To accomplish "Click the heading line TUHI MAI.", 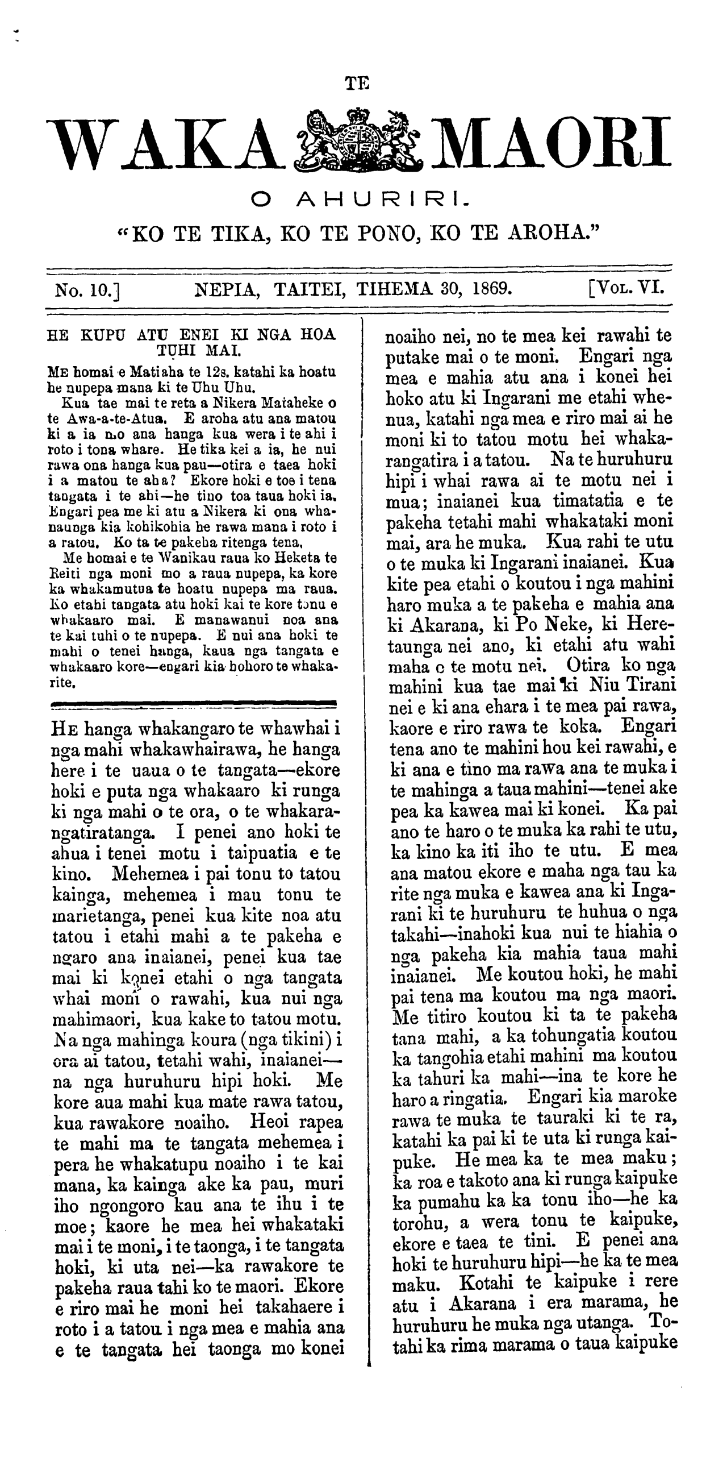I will [x=192, y=348].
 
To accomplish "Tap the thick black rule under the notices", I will [x=193, y=701].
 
